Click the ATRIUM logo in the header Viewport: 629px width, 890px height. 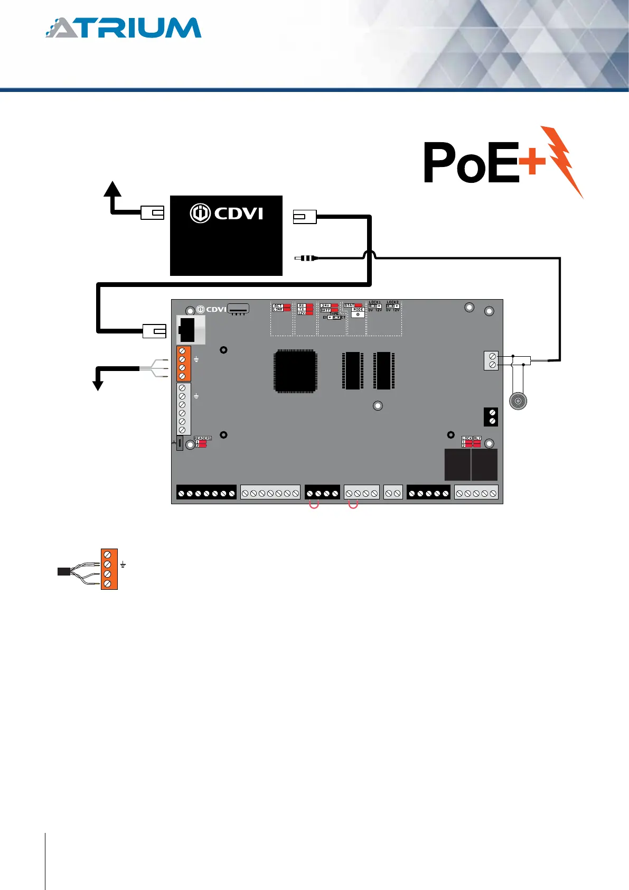tap(123, 28)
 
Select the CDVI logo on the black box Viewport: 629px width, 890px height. tap(227, 214)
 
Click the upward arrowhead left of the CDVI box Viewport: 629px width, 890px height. tap(112, 189)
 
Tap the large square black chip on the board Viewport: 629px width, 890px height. tap(295, 371)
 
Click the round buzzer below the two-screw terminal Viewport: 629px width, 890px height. tap(518, 401)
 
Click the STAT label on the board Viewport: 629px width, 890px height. tap(350, 305)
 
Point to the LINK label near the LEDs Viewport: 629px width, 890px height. tap(278, 310)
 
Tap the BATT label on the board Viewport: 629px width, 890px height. tap(325, 310)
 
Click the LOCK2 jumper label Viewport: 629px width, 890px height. tap(392, 302)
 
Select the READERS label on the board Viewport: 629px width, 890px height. tap(202, 438)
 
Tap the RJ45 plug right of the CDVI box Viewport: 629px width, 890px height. tap(304, 217)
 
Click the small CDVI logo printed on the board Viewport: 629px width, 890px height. tap(212, 309)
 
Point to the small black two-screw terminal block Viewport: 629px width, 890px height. tap(491, 416)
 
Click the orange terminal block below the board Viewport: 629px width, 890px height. tap(109, 569)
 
